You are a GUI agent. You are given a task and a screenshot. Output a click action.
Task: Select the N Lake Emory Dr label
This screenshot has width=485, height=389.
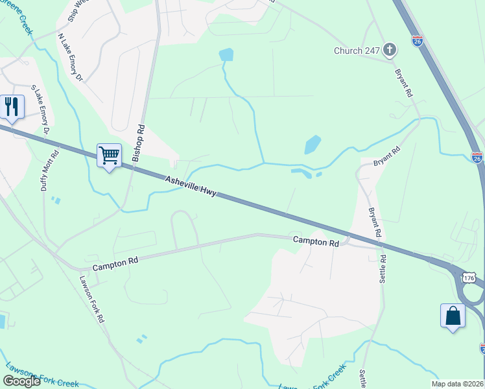[71, 58]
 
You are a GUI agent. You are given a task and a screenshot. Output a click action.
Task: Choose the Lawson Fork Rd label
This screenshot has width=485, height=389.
[91, 299]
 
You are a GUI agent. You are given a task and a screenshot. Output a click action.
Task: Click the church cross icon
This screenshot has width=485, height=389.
[390, 50]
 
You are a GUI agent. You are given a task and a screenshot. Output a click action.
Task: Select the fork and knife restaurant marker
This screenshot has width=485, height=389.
[12, 106]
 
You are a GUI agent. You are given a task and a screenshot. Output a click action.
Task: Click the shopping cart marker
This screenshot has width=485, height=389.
[110, 156]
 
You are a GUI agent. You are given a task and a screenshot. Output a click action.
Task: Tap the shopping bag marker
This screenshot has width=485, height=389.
[453, 316]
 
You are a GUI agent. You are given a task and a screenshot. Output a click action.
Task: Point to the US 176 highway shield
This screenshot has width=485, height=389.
[469, 277]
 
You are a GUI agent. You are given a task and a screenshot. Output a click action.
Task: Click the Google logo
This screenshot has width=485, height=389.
[21, 381]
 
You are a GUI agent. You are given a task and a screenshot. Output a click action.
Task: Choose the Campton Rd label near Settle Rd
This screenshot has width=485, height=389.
[316, 242]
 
